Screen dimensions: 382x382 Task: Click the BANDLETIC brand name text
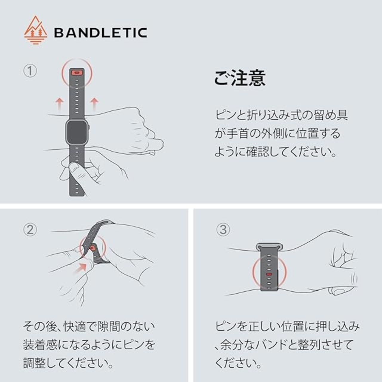[x=101, y=33]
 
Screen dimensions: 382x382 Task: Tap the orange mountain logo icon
[x=36, y=30]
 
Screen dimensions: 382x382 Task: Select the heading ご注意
[x=240, y=78]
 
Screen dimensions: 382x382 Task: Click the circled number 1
[x=30, y=71]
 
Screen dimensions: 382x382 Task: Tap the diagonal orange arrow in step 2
[x=81, y=268]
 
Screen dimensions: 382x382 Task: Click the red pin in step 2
[x=92, y=248]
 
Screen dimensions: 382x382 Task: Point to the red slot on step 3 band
[x=269, y=274]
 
